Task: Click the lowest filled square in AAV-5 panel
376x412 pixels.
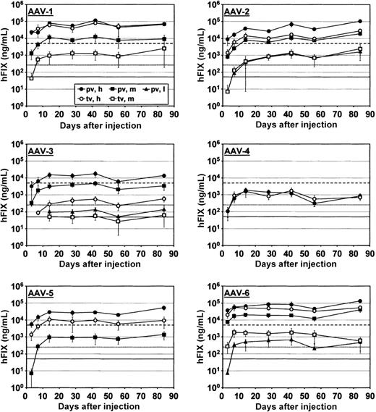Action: [31, 373]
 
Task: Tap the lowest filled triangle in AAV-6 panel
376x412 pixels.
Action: [228, 372]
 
